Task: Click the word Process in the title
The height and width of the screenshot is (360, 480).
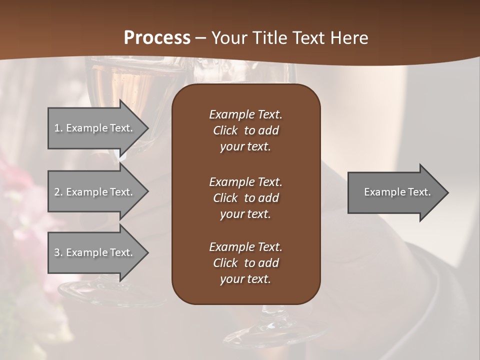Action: coord(157,38)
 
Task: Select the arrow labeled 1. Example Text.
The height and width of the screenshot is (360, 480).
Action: coord(95,128)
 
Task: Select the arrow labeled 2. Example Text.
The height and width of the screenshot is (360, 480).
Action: coord(95,192)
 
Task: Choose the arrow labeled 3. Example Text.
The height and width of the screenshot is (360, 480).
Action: coord(95,252)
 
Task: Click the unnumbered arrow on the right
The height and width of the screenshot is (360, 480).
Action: coord(395,192)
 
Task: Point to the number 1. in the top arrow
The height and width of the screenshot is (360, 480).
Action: coord(58,128)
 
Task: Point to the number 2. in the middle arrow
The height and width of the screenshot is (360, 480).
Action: coord(58,192)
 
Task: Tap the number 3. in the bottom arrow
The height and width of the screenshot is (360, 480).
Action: coord(58,252)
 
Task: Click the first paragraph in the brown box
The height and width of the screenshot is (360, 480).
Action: coord(245,130)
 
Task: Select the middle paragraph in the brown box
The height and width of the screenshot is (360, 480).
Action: coord(245,198)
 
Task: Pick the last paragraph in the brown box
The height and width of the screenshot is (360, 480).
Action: coord(245,263)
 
